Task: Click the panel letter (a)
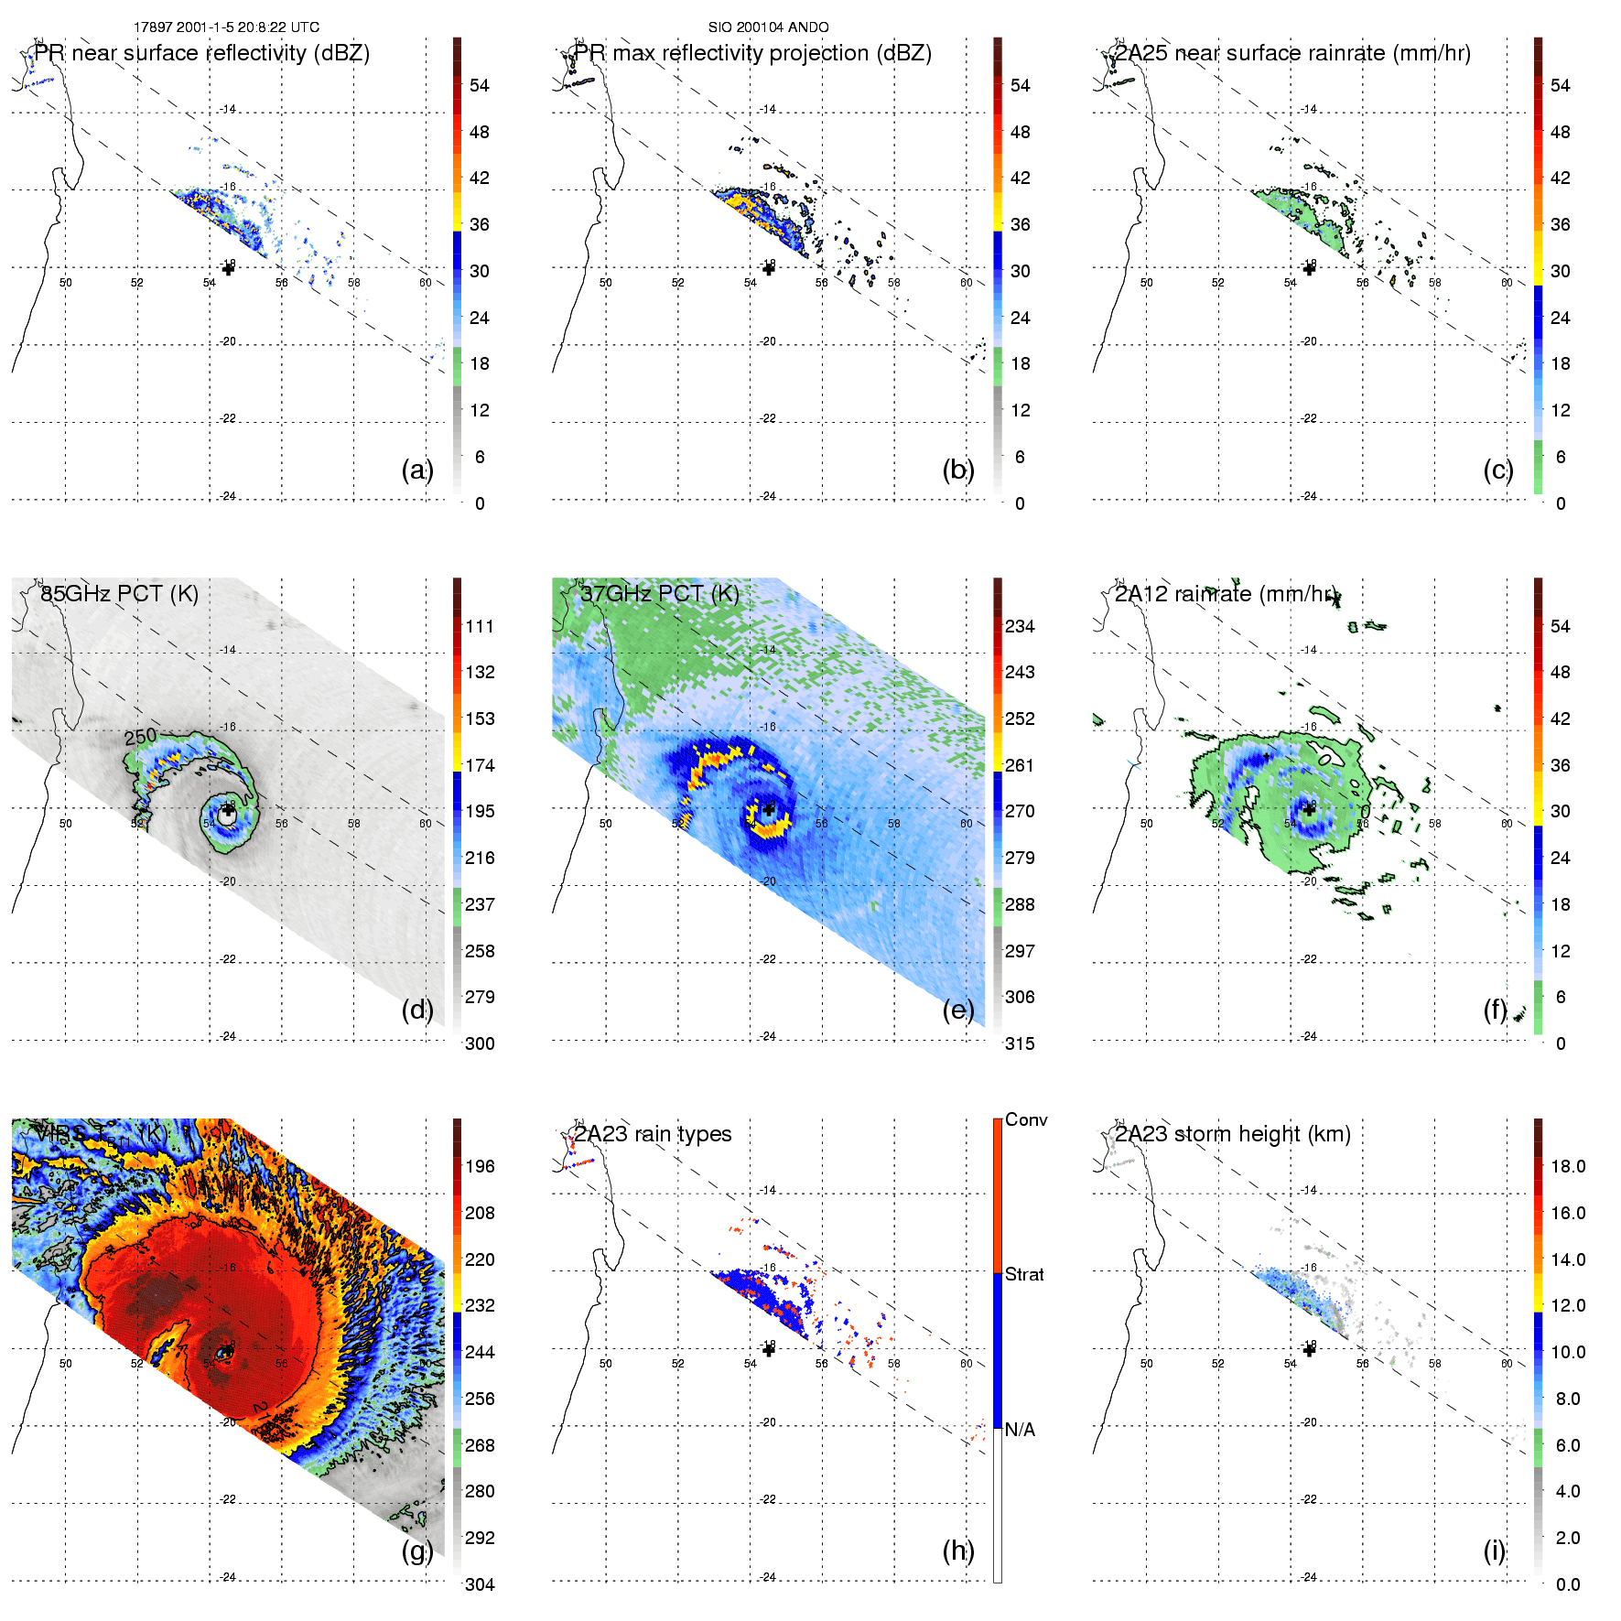tap(416, 470)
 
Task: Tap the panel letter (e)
tap(957, 1010)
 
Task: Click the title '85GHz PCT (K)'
tap(119, 593)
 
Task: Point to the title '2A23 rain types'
tap(653, 1134)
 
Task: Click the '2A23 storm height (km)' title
tap(1232, 1134)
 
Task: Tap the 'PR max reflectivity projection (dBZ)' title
tap(752, 53)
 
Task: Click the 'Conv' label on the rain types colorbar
tap(1026, 1119)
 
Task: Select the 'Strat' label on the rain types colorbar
tap(1024, 1274)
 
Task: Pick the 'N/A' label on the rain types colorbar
tap(1020, 1430)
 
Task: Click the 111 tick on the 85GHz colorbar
tap(480, 626)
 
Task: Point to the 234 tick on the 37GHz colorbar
tap(1020, 626)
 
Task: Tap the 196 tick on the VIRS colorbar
tap(480, 1166)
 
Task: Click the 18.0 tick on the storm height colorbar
tap(1568, 1166)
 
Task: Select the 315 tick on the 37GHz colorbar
tap(1020, 1043)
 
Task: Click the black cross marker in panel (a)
tap(228, 268)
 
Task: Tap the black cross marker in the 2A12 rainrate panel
tap(1309, 808)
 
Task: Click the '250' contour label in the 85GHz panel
tap(141, 737)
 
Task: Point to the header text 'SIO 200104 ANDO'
tap(768, 27)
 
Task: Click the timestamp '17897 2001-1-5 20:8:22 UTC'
tap(226, 27)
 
